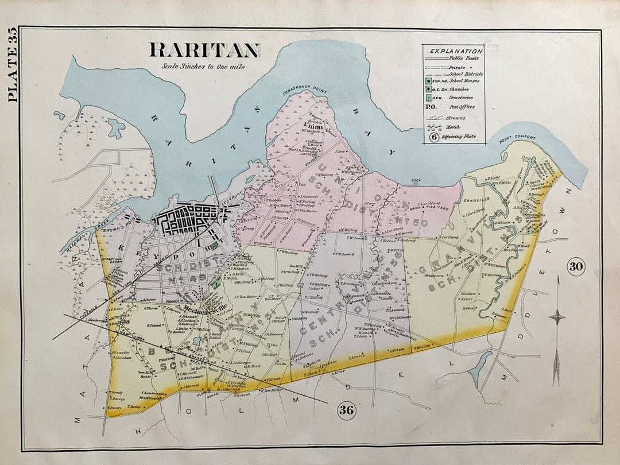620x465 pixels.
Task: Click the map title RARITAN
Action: click(204, 51)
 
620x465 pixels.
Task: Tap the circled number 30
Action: click(576, 266)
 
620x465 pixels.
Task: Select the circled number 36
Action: click(347, 410)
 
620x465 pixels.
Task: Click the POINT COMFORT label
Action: click(517, 138)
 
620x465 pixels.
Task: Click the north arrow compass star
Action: click(556, 316)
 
